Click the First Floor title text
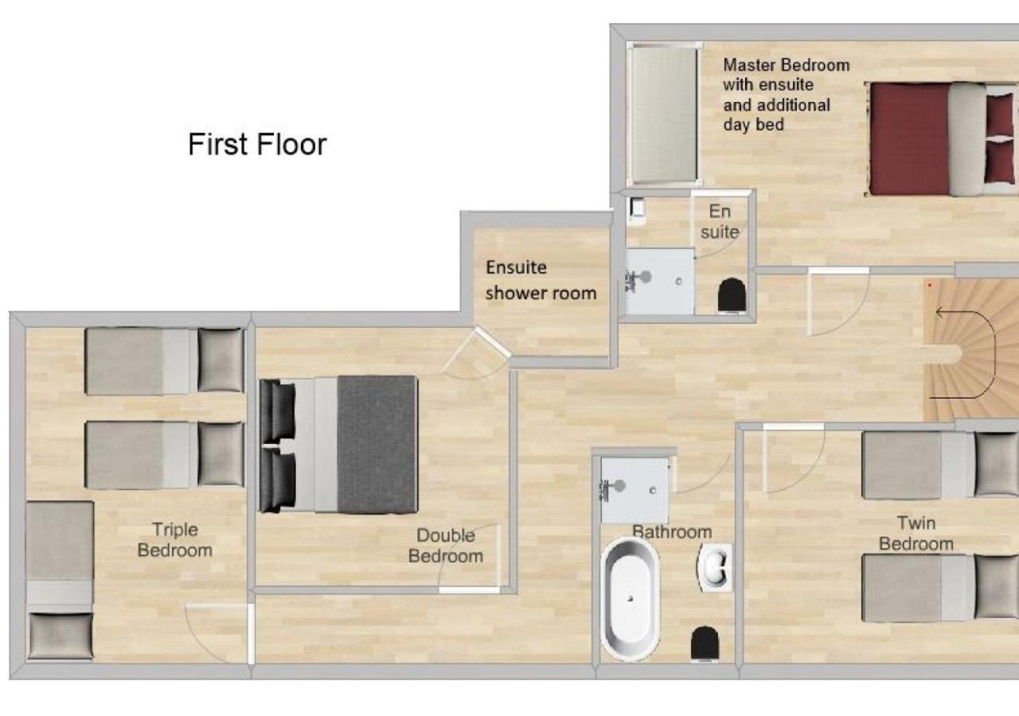click(257, 144)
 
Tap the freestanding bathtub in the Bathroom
click(630, 599)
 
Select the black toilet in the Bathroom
click(705, 643)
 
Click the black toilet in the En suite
click(732, 295)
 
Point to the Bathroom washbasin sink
click(715, 567)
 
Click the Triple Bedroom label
click(175, 539)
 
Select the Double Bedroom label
click(445, 546)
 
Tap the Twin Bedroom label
click(916, 533)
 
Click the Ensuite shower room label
click(541, 280)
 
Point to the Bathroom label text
click(673, 532)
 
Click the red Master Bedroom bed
click(942, 139)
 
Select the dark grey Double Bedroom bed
click(338, 444)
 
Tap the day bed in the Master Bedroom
click(663, 115)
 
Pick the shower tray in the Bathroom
click(635, 490)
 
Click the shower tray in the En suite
click(660, 282)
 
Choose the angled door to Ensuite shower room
click(491, 341)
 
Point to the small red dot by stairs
click(930, 285)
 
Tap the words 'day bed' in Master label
click(753, 125)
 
